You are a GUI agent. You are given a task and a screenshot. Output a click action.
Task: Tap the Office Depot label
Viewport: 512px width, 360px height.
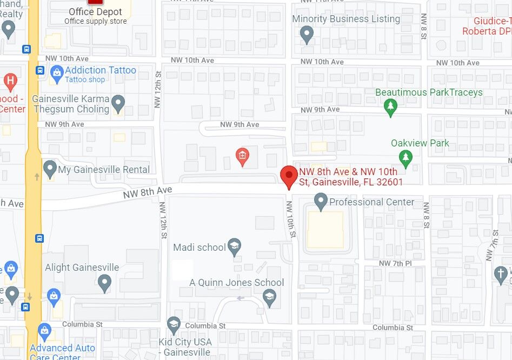pyautogui.click(x=96, y=12)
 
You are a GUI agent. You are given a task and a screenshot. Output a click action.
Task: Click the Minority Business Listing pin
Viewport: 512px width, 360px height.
pyautogui.click(x=307, y=35)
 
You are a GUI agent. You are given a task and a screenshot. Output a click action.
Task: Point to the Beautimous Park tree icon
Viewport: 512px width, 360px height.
pyautogui.click(x=390, y=107)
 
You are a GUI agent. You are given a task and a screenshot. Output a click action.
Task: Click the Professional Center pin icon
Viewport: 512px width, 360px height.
pyautogui.click(x=321, y=203)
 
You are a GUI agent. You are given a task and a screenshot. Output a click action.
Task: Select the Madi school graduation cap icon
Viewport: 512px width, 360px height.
pyautogui.click(x=234, y=248)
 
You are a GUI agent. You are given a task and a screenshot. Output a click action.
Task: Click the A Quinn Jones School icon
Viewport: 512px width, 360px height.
pyautogui.click(x=269, y=296)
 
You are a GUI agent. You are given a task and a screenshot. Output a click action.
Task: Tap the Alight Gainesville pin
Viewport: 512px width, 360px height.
pyautogui.click(x=104, y=282)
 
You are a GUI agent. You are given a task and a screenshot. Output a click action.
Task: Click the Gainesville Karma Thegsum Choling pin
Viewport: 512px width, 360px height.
pyautogui.click(x=118, y=102)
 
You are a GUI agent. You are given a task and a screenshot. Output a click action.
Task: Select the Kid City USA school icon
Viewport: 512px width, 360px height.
pyautogui.click(x=174, y=325)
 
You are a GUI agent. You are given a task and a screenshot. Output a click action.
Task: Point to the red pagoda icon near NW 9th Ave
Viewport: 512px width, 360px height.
pyautogui.click(x=242, y=157)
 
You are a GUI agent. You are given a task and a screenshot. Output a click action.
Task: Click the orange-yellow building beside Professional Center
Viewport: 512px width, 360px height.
pyautogui.click(x=325, y=230)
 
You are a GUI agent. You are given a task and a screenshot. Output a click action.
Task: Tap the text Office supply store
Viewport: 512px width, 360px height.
pyautogui.click(x=96, y=22)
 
